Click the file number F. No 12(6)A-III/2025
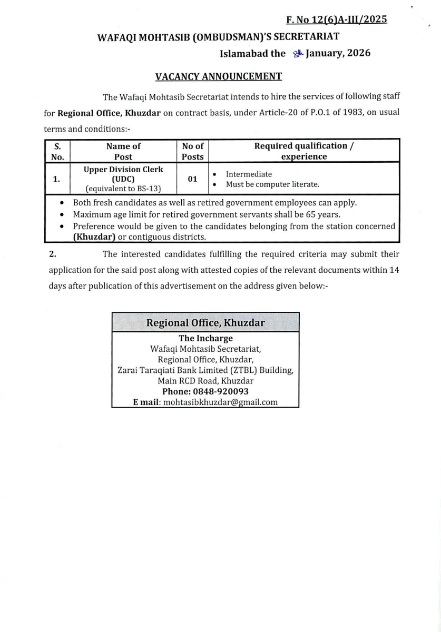coord(337,20)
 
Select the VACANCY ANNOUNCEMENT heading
coord(219,77)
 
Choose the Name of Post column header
coord(123,151)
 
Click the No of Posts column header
coord(192,151)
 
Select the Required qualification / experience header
coord(304,151)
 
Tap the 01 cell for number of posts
coord(192,179)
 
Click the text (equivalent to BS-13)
coord(123,189)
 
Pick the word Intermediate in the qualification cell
coord(249,174)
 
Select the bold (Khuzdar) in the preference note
coord(94,237)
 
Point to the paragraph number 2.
coord(52,254)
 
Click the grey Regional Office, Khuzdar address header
coord(205,322)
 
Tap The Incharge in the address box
coord(205,338)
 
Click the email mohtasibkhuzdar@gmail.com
coord(220,402)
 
